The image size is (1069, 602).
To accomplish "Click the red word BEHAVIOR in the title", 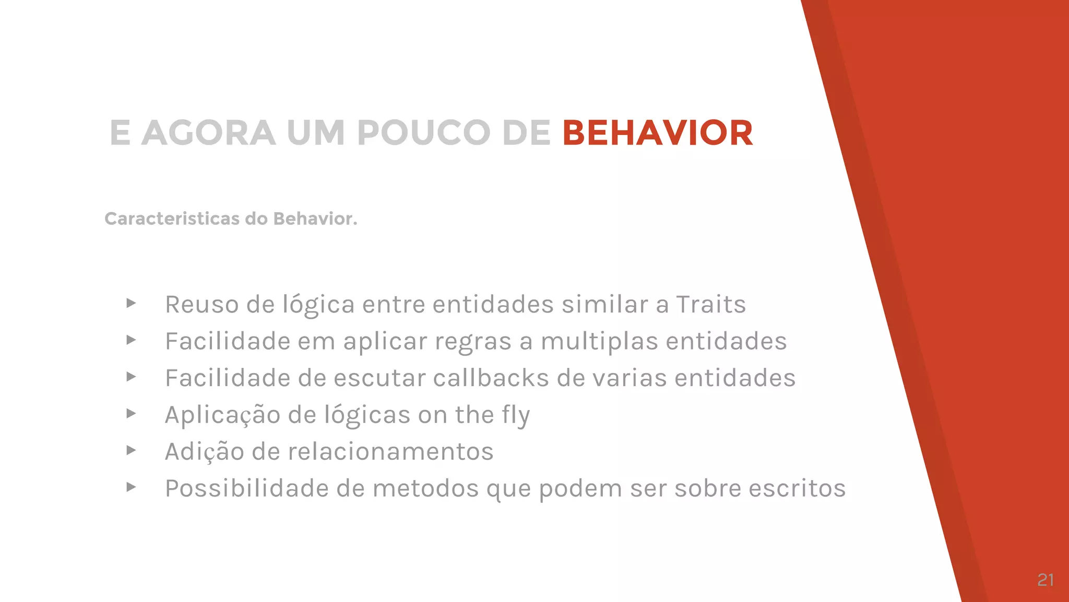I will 657,133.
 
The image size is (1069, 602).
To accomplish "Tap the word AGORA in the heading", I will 208,133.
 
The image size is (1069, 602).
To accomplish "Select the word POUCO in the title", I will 423,133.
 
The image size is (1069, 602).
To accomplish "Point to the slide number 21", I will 1046,580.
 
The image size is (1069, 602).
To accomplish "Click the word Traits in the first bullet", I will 711,304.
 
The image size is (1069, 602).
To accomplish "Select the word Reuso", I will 201,304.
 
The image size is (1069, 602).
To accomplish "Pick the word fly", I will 516,415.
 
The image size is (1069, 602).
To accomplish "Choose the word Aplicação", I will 223,415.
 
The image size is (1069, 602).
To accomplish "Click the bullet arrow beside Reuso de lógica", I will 131,303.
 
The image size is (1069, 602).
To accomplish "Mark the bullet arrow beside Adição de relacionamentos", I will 131,450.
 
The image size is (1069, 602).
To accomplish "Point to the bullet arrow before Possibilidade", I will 131,487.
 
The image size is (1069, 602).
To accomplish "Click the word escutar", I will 379,378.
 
